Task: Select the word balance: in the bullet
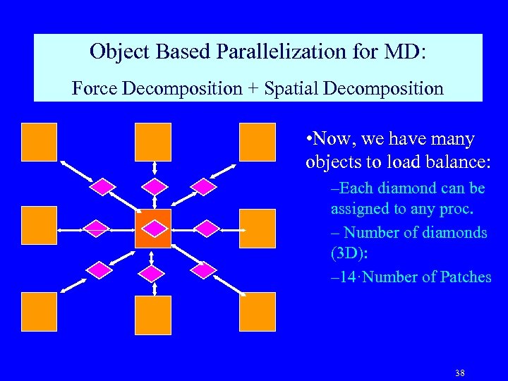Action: [x=449, y=162]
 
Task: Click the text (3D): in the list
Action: [x=352, y=255]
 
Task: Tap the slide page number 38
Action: [x=459, y=373]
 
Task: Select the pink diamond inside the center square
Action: [x=154, y=228]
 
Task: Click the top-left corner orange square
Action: [x=40, y=142]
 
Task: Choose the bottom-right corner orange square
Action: [x=258, y=312]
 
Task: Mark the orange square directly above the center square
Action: [x=154, y=142]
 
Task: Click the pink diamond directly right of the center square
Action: [x=206, y=228]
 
